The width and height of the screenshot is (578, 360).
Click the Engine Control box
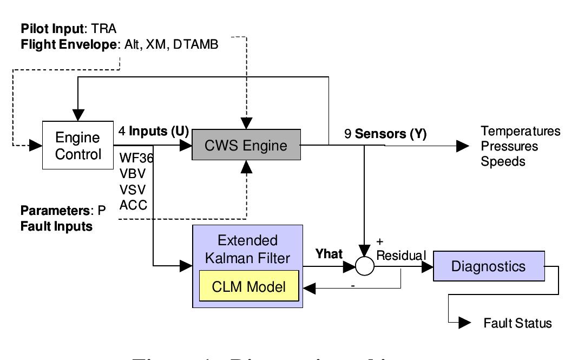pyautogui.click(x=78, y=146)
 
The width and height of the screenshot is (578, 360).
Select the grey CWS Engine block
pyautogui.click(x=246, y=146)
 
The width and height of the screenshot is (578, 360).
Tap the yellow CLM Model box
pyautogui.click(x=249, y=285)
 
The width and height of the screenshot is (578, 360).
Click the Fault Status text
pyautogui.click(x=517, y=323)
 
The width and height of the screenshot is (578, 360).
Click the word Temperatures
pyautogui.click(x=521, y=132)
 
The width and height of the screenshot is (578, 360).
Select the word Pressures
pyautogui.click(x=510, y=146)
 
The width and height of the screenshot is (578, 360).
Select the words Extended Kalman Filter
pyautogui.click(x=246, y=248)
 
